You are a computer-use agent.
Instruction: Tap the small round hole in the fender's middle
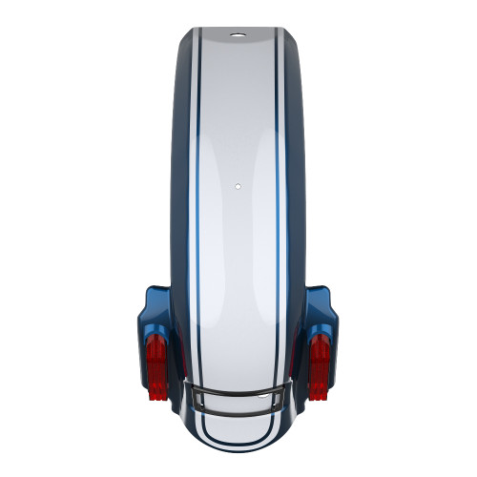click(237, 184)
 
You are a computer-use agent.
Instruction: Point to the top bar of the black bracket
click(237, 387)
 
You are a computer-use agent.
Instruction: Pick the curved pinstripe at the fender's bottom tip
click(237, 442)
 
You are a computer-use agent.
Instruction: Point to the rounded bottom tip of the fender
click(237, 449)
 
